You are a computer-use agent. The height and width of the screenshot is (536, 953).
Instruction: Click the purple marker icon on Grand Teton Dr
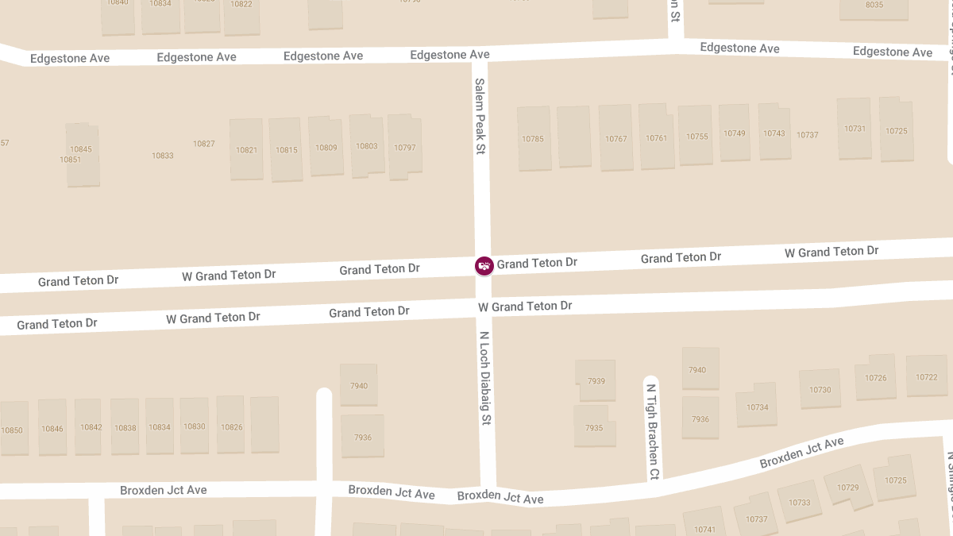click(x=484, y=265)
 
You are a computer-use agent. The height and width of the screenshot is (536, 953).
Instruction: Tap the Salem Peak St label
click(x=480, y=116)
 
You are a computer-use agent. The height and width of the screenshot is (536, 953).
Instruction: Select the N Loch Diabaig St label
click(x=486, y=377)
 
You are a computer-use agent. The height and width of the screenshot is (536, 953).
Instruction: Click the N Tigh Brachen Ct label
click(x=652, y=432)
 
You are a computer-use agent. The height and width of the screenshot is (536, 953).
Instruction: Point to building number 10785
click(x=533, y=139)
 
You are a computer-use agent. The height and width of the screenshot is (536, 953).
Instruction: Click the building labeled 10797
click(x=405, y=148)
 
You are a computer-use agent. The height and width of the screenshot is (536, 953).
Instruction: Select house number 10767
click(x=616, y=139)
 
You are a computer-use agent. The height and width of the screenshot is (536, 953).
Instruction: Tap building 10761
click(x=657, y=138)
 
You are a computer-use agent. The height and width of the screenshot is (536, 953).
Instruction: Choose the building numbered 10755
click(x=696, y=137)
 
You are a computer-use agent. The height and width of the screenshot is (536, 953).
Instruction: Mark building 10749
click(x=735, y=133)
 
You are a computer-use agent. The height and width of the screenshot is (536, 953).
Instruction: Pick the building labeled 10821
click(x=247, y=150)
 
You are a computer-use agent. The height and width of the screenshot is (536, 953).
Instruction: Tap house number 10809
click(x=326, y=148)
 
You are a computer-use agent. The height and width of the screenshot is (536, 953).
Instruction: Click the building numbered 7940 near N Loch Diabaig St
click(x=359, y=386)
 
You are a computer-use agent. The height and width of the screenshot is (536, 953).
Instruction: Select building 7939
click(x=596, y=381)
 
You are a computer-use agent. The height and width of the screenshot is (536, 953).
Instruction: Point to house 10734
click(x=758, y=407)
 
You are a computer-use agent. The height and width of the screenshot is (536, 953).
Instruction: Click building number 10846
click(x=52, y=429)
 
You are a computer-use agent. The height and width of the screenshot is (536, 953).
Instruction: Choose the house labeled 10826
click(x=232, y=427)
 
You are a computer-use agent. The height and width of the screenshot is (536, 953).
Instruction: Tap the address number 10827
click(x=204, y=144)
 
